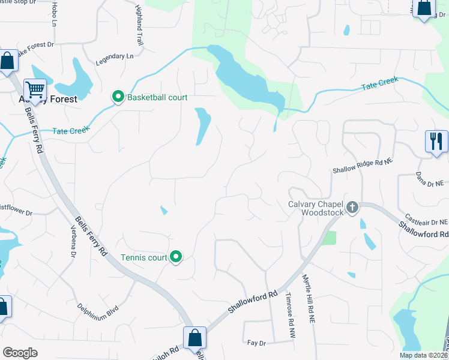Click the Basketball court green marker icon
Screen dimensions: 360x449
pos(118,97)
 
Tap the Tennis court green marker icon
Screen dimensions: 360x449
pos(176,257)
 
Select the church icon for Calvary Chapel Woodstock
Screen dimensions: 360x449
pos(352,208)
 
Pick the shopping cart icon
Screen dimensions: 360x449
pos(35,91)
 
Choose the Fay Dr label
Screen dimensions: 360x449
pos(256,343)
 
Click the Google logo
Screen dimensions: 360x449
pos(20,352)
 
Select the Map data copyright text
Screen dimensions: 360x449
pos(423,355)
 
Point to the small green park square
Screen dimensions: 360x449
pos(328,238)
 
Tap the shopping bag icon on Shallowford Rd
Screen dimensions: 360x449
pos(195,338)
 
